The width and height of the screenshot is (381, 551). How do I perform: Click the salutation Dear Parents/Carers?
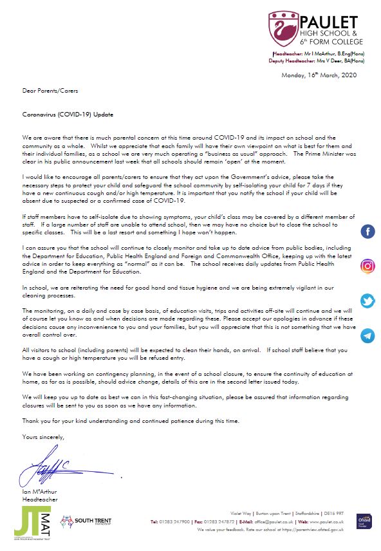46,91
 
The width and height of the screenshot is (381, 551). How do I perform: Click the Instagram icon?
367,266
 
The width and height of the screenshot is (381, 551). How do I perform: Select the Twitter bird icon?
367,301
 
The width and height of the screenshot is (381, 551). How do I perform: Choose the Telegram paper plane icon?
367,335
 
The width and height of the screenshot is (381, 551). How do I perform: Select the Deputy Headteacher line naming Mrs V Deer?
317,61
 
